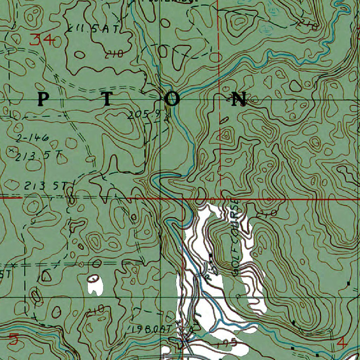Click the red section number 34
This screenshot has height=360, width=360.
point(41,40)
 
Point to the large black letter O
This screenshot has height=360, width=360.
point(173,99)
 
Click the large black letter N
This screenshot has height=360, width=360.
point(239,99)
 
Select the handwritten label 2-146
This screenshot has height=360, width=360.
point(32,137)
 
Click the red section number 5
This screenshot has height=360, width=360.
point(13,339)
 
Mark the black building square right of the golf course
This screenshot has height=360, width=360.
point(348,283)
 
